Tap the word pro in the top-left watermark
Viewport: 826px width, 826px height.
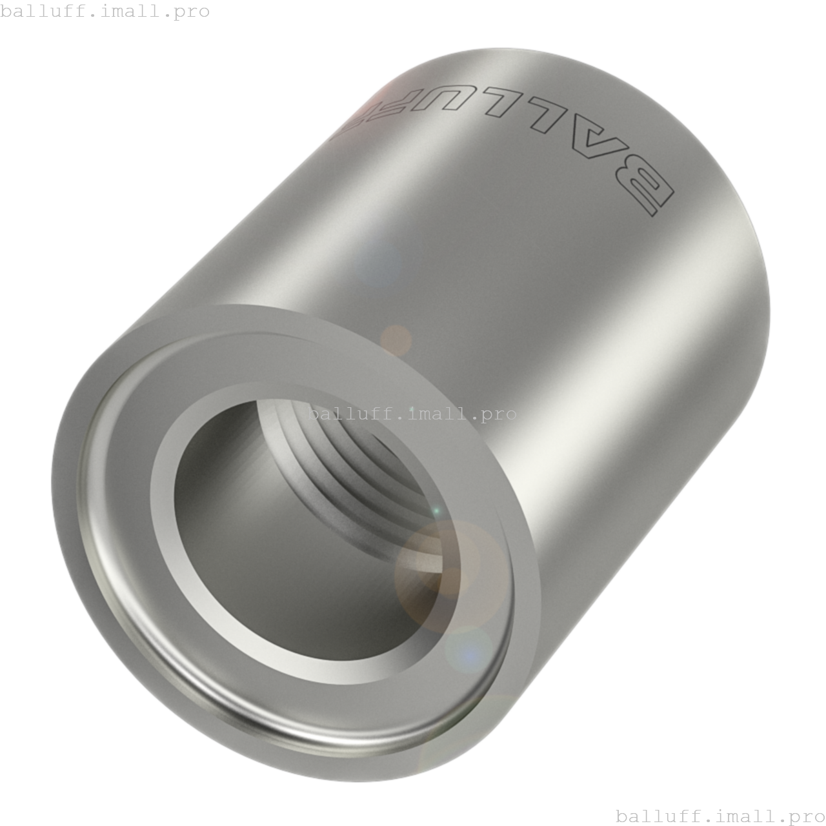[x=192, y=11]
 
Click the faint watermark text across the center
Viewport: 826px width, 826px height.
[x=412, y=414]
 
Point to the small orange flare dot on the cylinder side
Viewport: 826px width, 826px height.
[x=396, y=339]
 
